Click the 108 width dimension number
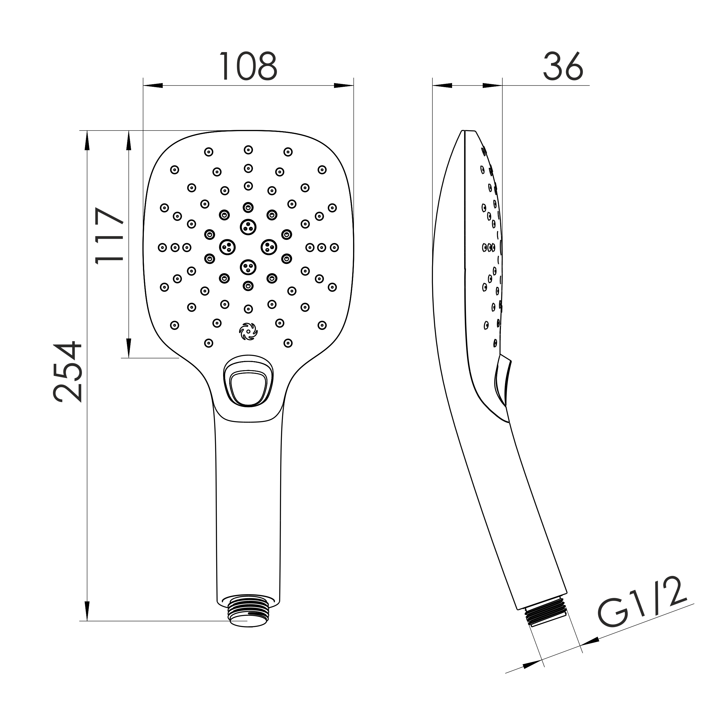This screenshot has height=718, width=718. [x=248, y=66]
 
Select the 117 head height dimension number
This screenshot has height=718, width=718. [x=110, y=236]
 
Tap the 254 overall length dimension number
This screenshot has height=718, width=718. [x=67, y=372]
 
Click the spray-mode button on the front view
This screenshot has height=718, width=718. [x=248, y=387]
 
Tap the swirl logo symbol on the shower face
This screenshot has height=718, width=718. [x=248, y=331]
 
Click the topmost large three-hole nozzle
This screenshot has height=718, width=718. [x=248, y=227]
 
